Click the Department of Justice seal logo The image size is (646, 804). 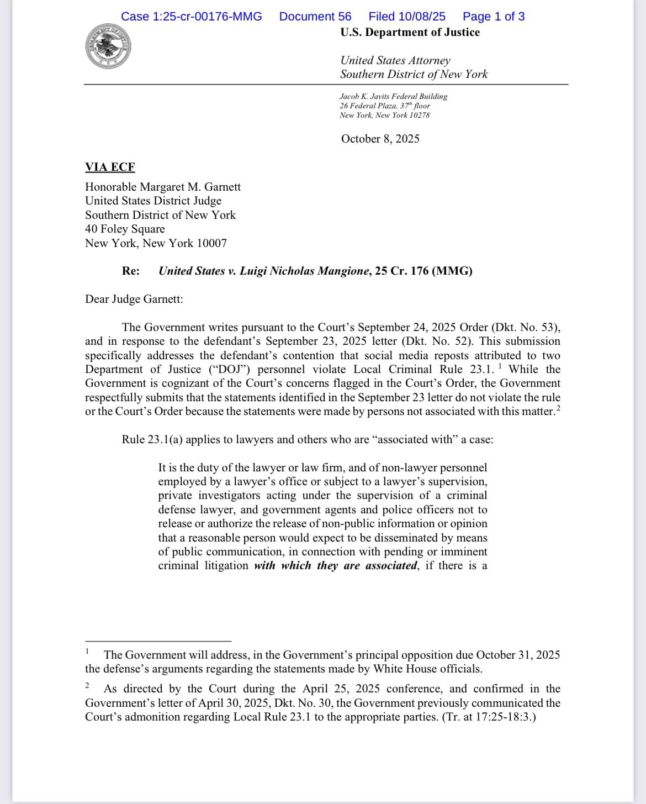tap(108, 47)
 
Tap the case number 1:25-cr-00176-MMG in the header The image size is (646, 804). tap(192, 17)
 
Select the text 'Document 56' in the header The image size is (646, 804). tap(315, 17)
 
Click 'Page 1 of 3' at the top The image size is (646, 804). tap(494, 17)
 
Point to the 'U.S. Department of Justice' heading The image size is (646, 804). tap(410, 32)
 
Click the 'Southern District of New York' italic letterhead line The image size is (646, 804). tap(414, 74)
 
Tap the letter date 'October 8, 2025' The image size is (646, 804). tap(380, 139)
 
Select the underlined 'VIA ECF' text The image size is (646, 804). tap(110, 167)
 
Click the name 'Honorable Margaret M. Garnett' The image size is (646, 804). tap(163, 187)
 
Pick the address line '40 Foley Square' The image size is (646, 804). tap(125, 229)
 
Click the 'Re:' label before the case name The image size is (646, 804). tap(131, 271)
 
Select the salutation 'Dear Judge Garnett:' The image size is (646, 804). tap(134, 299)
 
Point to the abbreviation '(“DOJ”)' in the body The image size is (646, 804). tap(227, 369)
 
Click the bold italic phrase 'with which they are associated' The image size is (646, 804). tap(336, 565)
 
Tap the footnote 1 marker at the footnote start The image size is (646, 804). tap(87, 651)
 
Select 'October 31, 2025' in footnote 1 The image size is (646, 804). tap(518, 655)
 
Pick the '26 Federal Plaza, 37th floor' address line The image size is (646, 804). tap(385, 106)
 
